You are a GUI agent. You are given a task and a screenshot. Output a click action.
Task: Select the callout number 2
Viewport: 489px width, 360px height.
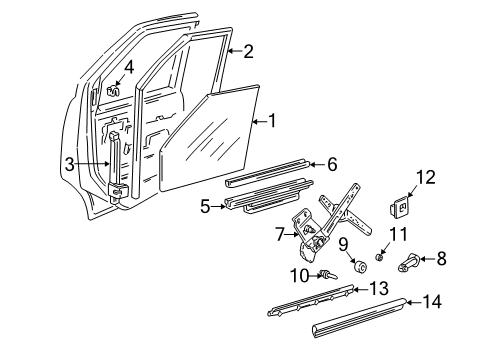(x=249, y=51)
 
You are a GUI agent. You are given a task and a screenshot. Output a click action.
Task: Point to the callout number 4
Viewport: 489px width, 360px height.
(x=130, y=67)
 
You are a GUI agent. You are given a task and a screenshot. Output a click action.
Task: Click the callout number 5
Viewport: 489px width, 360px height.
(x=206, y=206)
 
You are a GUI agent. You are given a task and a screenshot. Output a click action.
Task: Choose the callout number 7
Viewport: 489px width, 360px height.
(x=281, y=236)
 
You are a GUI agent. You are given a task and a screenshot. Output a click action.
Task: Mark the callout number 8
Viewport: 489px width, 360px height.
(x=441, y=258)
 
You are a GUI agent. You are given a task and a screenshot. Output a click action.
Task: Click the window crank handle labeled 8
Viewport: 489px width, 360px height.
(x=411, y=264)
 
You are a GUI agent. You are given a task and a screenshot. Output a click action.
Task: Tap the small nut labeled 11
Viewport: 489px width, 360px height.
(x=381, y=258)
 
